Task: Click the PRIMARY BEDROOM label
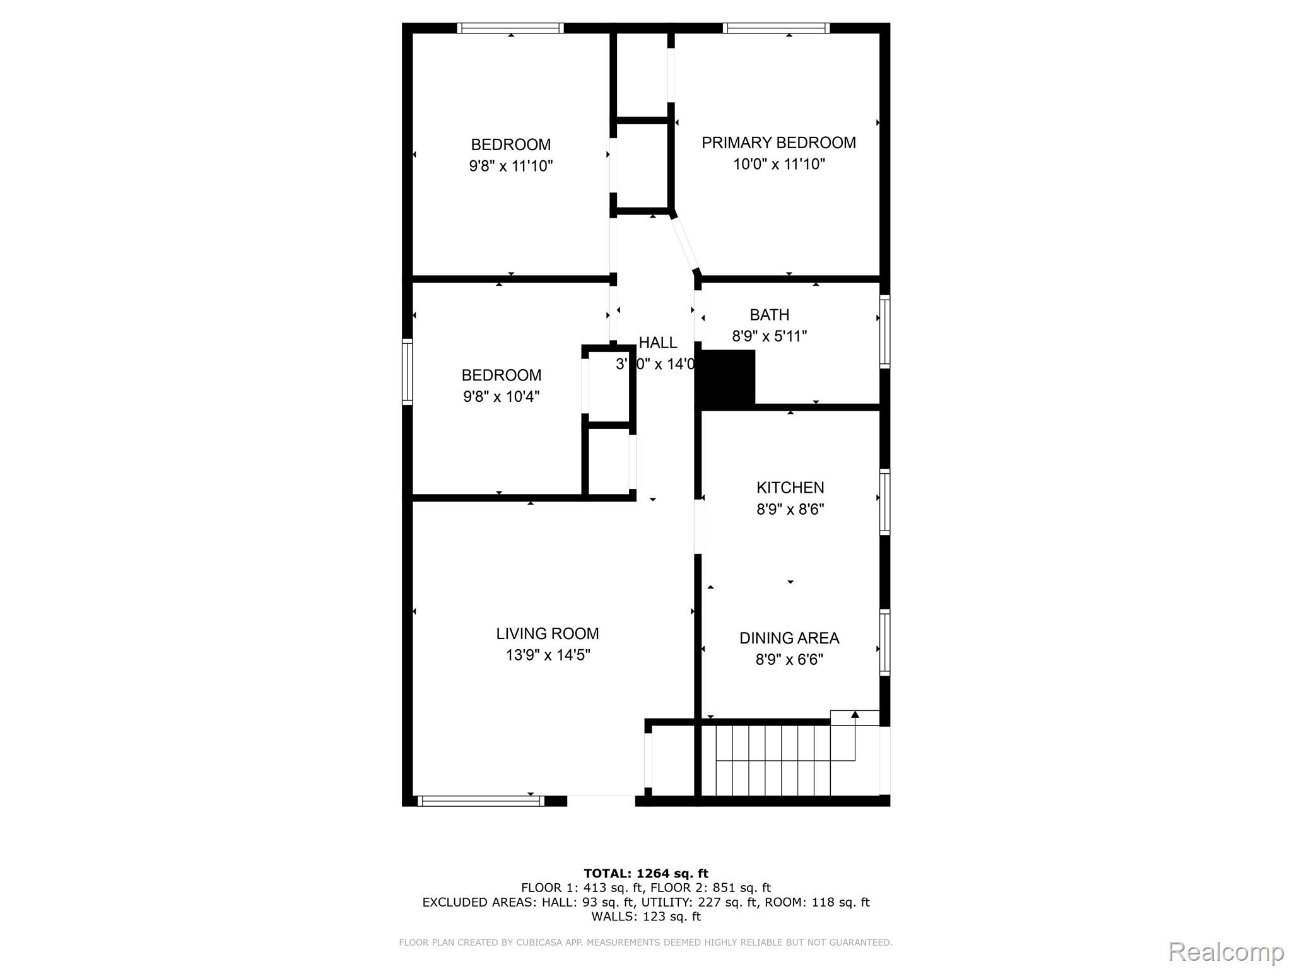click(x=778, y=143)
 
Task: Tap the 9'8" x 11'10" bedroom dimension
click(x=510, y=166)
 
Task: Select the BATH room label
click(x=769, y=314)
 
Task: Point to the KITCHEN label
click(x=790, y=487)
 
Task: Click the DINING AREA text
click(x=789, y=638)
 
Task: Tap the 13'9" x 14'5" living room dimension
click(x=547, y=655)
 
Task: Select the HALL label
click(x=657, y=343)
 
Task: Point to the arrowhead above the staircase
click(x=855, y=714)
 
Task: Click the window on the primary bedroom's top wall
click(x=776, y=28)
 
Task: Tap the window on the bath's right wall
click(x=884, y=332)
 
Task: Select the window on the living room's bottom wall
click(x=481, y=801)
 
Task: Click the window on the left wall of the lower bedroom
click(x=408, y=371)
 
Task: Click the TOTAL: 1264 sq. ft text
click(x=645, y=873)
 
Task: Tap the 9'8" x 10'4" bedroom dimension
click(x=501, y=396)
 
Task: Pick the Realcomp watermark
click(x=1226, y=951)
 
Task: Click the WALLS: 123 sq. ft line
click(x=645, y=916)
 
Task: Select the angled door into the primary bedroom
click(x=684, y=244)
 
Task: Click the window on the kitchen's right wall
click(x=884, y=502)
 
